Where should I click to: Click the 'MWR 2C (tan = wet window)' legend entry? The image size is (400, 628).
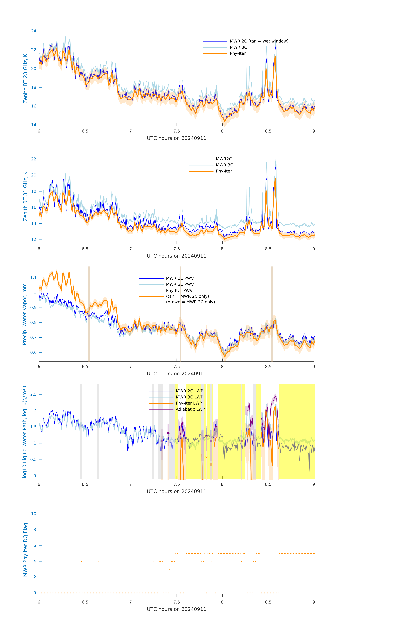pos(259,41)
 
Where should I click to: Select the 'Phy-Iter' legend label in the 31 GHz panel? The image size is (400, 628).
pos(224,171)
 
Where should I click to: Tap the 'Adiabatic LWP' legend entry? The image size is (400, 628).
pos(190,409)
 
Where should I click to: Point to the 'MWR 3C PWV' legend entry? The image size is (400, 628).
pos(180,284)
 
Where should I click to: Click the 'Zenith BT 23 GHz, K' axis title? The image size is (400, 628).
pos(25,78)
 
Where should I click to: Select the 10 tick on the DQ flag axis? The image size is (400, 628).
pos(34,514)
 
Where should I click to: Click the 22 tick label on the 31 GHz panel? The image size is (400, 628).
pos(34,159)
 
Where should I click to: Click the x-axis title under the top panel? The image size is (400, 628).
pos(176,138)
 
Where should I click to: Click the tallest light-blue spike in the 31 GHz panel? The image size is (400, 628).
pos(276,154)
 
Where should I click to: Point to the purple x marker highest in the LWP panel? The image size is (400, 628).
pos(168,433)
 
